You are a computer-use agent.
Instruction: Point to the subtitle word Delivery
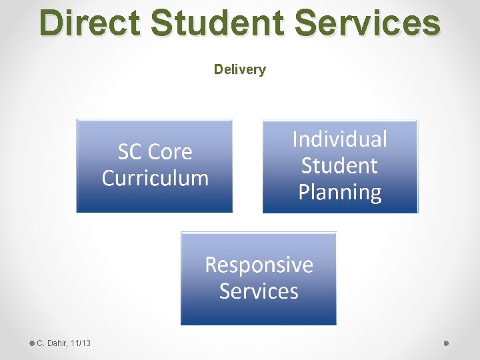click(240, 69)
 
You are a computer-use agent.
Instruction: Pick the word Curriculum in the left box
click(155, 178)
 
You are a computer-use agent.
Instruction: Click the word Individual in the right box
click(340, 139)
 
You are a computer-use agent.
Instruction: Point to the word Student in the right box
click(340, 165)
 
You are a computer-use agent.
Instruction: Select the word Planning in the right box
click(340, 192)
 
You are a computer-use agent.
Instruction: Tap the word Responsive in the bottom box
click(259, 265)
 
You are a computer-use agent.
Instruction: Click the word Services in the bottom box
click(259, 291)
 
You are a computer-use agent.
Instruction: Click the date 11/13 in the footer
click(81, 343)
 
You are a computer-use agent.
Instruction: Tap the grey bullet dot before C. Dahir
click(32, 343)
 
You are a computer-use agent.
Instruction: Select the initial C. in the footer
click(40, 343)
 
